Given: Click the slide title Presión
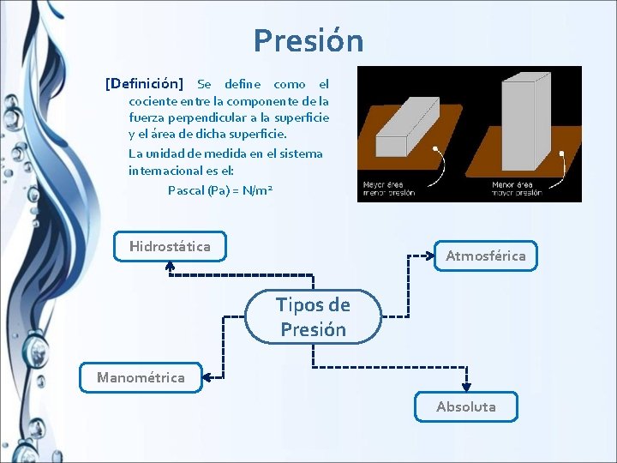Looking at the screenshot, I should [308, 40].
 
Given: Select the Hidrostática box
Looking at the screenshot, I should [170, 247].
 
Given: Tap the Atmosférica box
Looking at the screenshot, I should [485, 256].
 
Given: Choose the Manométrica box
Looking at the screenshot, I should [141, 377].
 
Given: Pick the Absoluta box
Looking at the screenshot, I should [465, 406].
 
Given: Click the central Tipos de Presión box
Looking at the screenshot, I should [313, 317].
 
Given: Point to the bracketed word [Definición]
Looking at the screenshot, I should [144, 84].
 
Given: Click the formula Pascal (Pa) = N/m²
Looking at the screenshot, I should [220, 189].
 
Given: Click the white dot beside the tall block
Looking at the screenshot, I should [561, 154].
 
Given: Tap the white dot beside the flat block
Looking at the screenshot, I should [436, 149].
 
